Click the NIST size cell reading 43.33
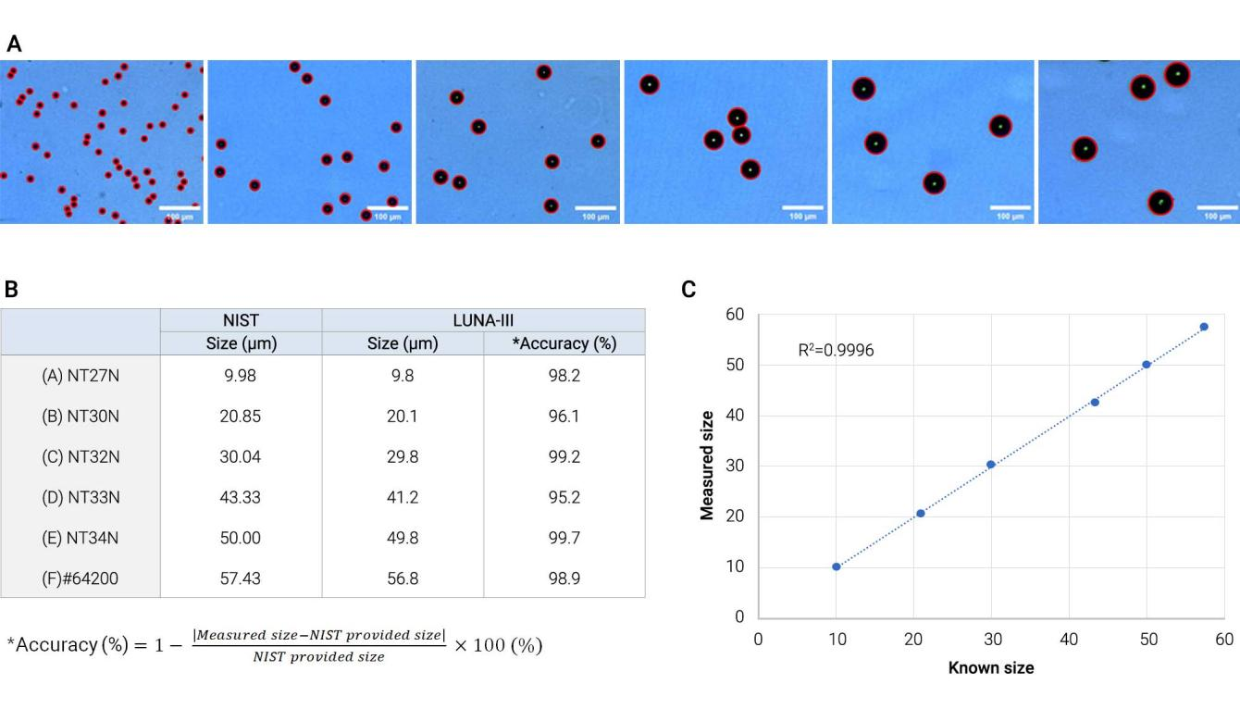(x=241, y=497)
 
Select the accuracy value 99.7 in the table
(x=564, y=538)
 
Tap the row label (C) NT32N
(x=81, y=456)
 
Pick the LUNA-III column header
(x=482, y=319)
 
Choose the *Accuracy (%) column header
(x=564, y=343)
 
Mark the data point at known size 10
(x=837, y=566)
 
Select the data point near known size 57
(x=1204, y=327)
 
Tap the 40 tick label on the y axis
(x=737, y=416)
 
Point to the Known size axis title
(x=991, y=667)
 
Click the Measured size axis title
(x=708, y=466)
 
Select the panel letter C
(x=688, y=290)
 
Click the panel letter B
(x=11, y=290)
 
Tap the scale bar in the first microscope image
(x=181, y=207)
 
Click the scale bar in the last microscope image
(x=1218, y=207)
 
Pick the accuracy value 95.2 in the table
(x=564, y=497)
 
